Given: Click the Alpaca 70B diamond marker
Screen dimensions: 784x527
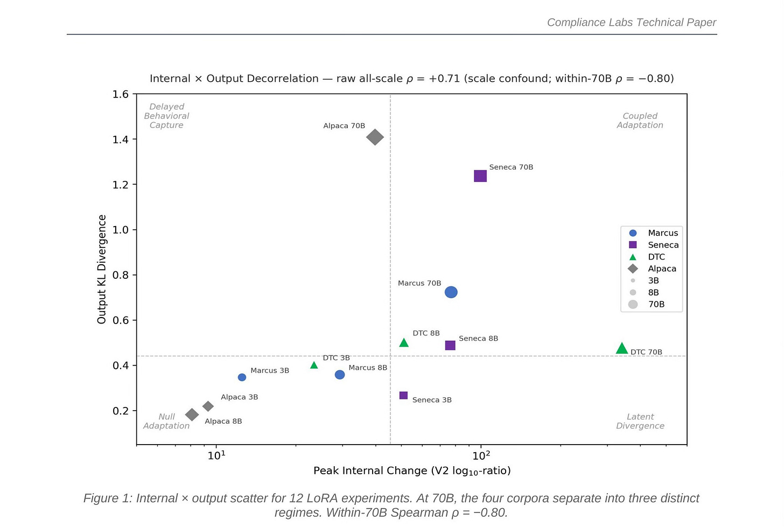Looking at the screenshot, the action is (x=375, y=137).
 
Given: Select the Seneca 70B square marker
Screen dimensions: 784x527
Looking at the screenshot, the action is (x=480, y=176).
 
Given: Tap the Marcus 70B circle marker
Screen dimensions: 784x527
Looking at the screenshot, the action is (x=451, y=292).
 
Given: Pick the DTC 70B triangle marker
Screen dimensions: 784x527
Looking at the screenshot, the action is (x=621, y=348).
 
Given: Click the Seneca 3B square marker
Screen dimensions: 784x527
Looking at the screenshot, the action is (x=403, y=396).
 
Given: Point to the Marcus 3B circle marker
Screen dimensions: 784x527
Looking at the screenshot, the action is (x=242, y=377).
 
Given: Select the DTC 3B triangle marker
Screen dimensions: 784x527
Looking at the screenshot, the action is (x=314, y=365).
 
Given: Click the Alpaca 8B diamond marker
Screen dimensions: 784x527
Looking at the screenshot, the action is (x=192, y=414).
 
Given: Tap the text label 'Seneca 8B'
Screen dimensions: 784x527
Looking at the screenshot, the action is (x=478, y=339).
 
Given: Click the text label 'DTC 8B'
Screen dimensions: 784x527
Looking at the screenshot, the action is (x=426, y=333).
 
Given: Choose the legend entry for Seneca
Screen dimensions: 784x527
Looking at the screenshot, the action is (x=654, y=245).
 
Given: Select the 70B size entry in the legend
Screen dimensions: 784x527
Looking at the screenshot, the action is (x=646, y=305).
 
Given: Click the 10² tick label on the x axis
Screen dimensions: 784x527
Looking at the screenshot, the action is (x=481, y=455).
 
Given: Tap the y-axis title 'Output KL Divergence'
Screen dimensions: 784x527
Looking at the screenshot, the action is (x=101, y=269).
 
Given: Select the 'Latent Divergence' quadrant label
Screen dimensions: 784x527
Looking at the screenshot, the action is (x=640, y=421).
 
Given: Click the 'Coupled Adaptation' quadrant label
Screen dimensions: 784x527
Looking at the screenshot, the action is (x=640, y=121).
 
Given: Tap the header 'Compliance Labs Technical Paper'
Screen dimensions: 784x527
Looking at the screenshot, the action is (x=632, y=23).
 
